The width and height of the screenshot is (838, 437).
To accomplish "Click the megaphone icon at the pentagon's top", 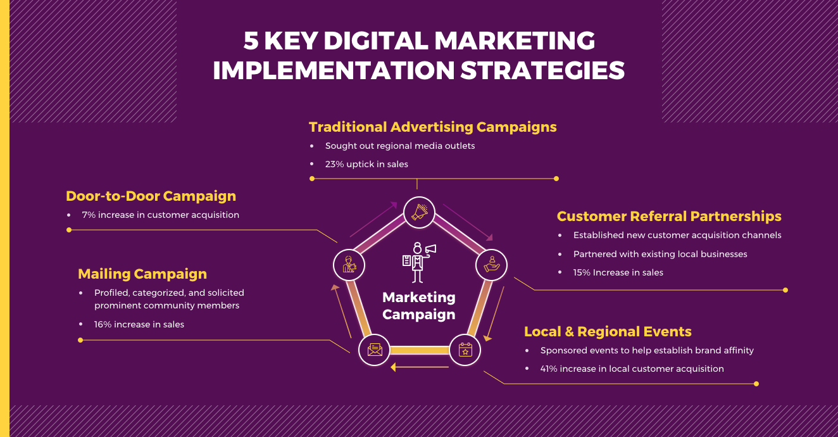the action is point(419,212).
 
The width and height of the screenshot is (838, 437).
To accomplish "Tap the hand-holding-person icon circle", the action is point(491,265).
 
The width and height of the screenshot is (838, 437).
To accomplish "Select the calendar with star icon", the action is point(465,350).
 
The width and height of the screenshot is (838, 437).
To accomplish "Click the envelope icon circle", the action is point(375,350).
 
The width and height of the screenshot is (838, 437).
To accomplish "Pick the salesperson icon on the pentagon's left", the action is point(349,265).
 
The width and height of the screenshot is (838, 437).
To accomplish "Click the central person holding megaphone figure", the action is point(419,262).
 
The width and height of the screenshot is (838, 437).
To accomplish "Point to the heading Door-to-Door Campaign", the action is point(151,196).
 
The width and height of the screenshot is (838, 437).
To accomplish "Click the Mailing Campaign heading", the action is point(142,274).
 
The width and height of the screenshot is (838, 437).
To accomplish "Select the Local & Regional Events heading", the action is point(608,331).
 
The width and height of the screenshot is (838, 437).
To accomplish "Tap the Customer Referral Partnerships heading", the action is point(669,216).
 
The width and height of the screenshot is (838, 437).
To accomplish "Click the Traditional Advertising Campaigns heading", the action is point(432,127).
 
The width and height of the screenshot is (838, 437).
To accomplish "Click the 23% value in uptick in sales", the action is point(334,164).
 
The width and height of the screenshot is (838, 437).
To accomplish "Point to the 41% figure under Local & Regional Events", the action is point(549,369).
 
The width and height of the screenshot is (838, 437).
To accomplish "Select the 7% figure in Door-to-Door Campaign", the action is point(89,215).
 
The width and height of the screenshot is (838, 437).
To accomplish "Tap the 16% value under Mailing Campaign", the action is point(103,324).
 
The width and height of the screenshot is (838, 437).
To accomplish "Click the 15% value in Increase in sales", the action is point(582,272).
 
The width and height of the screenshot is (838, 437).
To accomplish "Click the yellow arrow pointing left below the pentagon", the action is point(420,367).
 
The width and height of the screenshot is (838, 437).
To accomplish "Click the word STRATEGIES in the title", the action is point(542,70).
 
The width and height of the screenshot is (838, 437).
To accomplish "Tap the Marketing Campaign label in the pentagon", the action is point(419,305).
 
